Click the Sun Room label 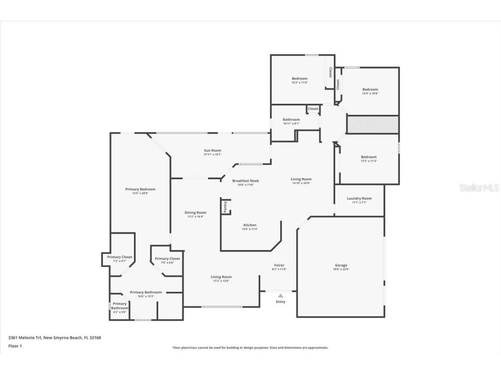213,150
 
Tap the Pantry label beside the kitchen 225,207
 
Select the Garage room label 341,265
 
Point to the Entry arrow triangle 281,296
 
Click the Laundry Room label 359,198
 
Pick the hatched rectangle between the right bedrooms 372,125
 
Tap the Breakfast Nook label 245,181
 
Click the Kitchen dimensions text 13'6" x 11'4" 250,229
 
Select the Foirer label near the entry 279,265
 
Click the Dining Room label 195,212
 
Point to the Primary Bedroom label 140,189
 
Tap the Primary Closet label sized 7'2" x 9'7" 120,257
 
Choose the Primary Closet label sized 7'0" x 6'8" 167,259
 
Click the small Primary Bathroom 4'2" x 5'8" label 120,306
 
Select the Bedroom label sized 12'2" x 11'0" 299,79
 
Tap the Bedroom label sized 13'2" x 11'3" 368,157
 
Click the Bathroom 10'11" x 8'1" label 291,119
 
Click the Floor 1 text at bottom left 15,346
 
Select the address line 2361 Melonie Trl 54,337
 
